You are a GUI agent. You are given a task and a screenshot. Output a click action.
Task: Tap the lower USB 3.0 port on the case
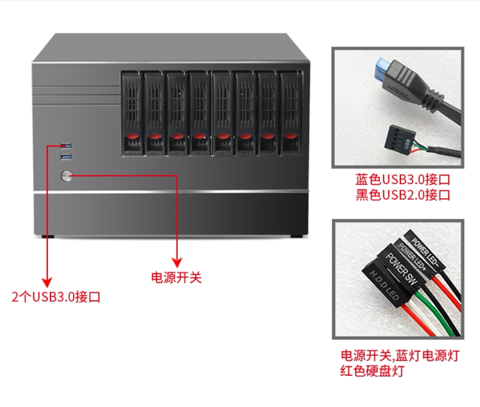[66, 157]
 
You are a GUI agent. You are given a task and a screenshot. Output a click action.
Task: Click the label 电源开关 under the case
[177, 277]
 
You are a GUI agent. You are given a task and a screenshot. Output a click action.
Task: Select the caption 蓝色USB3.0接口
[403, 179]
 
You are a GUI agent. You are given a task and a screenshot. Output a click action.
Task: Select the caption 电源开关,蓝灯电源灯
[399, 356]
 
